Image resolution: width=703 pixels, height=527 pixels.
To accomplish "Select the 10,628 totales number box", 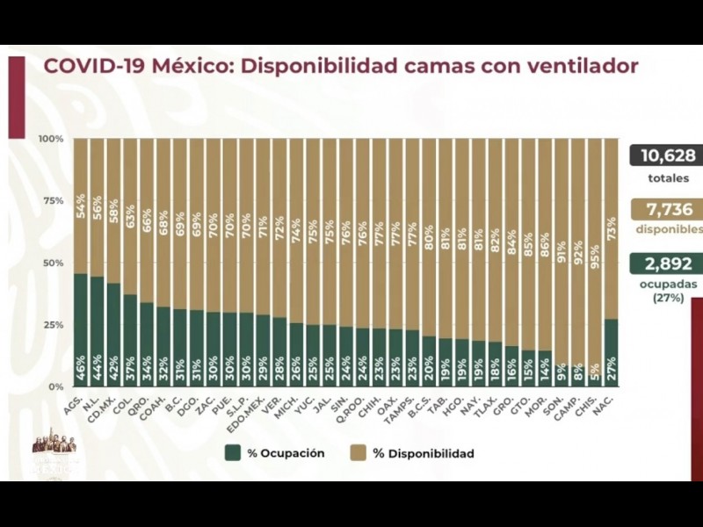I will pos(668,156).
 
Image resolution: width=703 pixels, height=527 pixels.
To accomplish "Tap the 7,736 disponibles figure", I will pos(668,209).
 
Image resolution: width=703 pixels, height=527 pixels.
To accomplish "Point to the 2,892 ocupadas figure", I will pos(668,263).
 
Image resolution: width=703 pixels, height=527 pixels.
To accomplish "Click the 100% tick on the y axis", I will pos(51,140).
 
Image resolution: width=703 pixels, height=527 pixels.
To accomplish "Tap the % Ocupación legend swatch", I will pos(232,453).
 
